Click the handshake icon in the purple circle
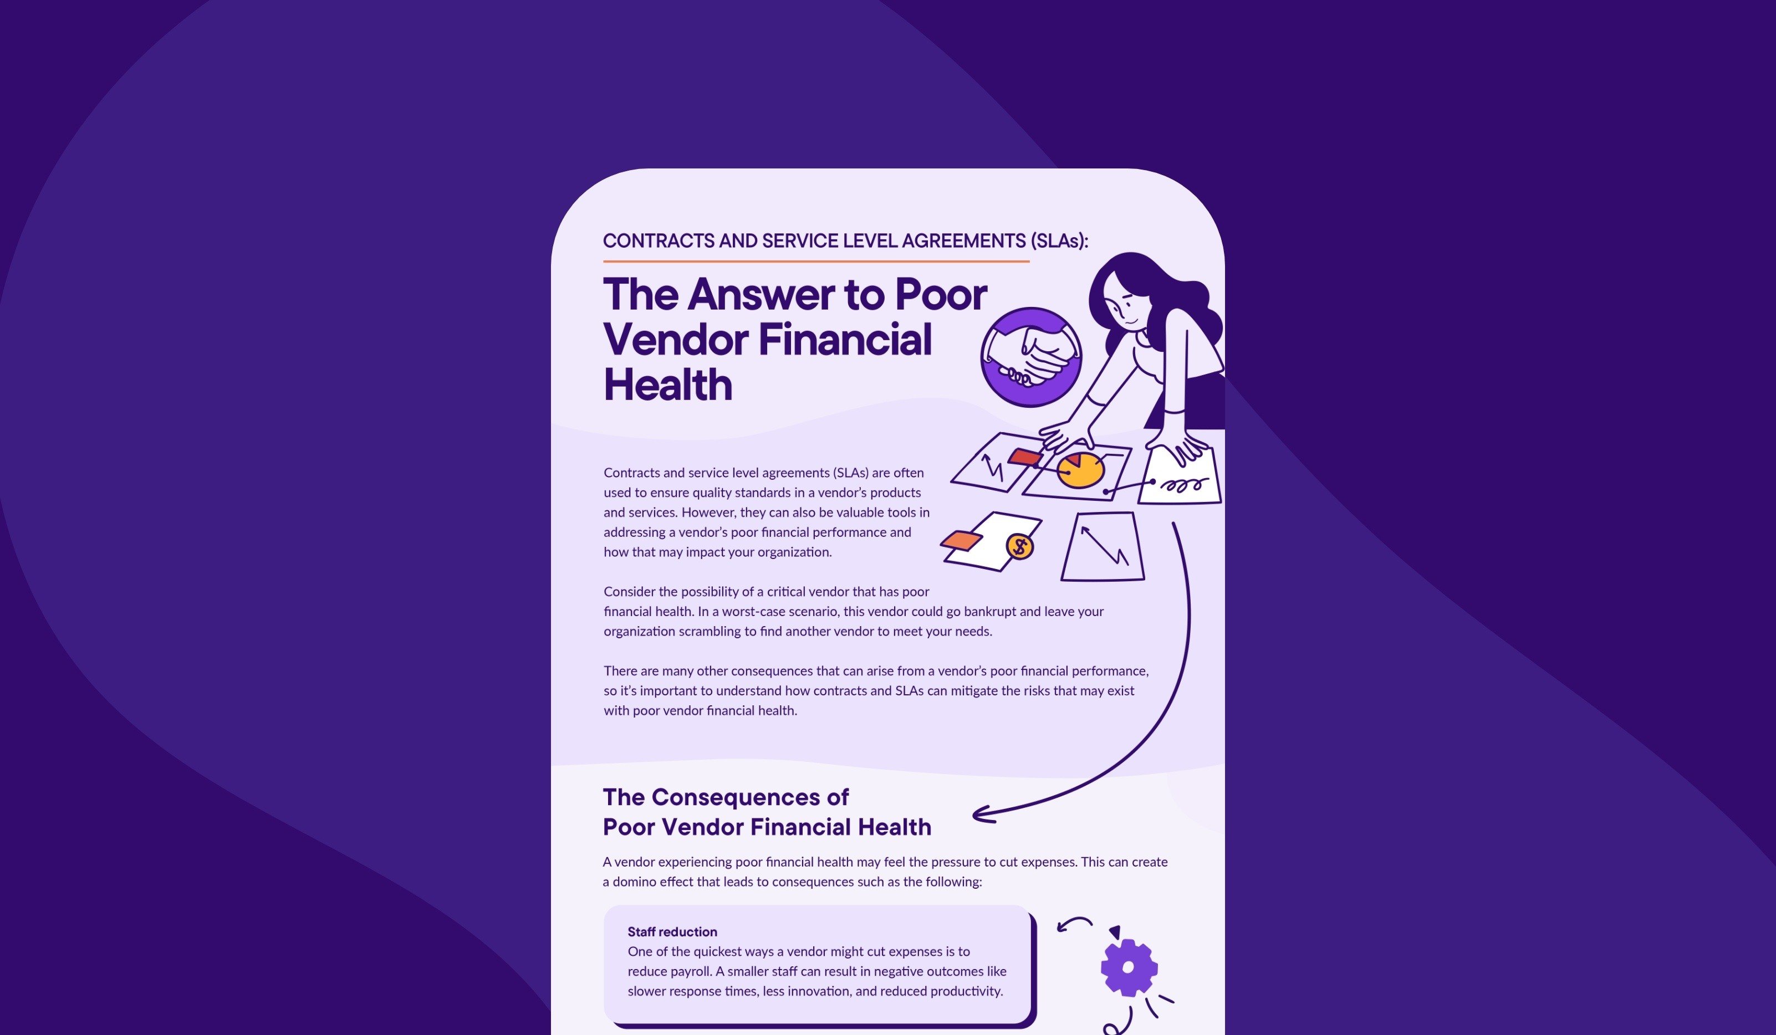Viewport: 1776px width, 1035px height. coord(1031,357)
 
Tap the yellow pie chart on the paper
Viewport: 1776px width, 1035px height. coord(1080,470)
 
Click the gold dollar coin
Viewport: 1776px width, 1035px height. coord(1020,546)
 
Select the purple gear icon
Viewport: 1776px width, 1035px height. coord(1129,967)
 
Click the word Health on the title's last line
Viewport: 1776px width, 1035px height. coord(668,385)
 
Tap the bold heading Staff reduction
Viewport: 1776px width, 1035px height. coord(672,931)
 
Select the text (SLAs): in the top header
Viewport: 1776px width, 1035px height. coord(1059,241)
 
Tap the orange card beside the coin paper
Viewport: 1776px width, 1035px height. coord(961,540)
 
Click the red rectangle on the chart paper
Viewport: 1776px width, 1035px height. coord(1025,457)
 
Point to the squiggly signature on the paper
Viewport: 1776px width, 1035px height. coord(1185,485)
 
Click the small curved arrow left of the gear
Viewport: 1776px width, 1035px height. coord(1074,924)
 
